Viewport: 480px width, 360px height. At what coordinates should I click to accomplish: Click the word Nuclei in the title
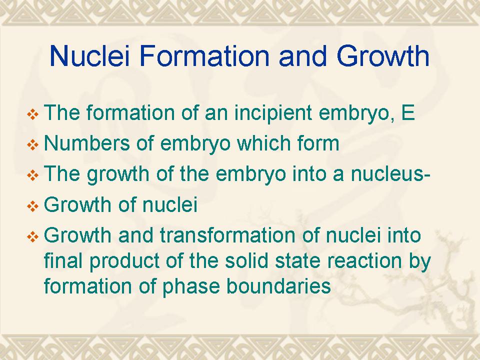[89, 55]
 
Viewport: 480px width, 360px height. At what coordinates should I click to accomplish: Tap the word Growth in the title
[383, 55]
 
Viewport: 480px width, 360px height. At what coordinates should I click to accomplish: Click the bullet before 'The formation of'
[33, 115]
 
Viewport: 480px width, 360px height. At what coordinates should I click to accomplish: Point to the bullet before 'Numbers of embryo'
[33, 145]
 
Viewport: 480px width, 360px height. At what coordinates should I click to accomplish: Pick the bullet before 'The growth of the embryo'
[33, 175]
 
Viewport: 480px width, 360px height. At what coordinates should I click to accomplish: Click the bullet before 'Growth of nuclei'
[33, 206]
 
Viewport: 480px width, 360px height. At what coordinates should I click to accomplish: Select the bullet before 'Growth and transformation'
[33, 236]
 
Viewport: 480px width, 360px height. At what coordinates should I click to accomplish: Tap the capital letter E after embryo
[408, 112]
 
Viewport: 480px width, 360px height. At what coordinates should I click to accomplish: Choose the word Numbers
[87, 143]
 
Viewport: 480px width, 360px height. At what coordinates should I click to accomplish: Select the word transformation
[228, 235]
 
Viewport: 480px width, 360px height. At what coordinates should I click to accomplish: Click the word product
[125, 261]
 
